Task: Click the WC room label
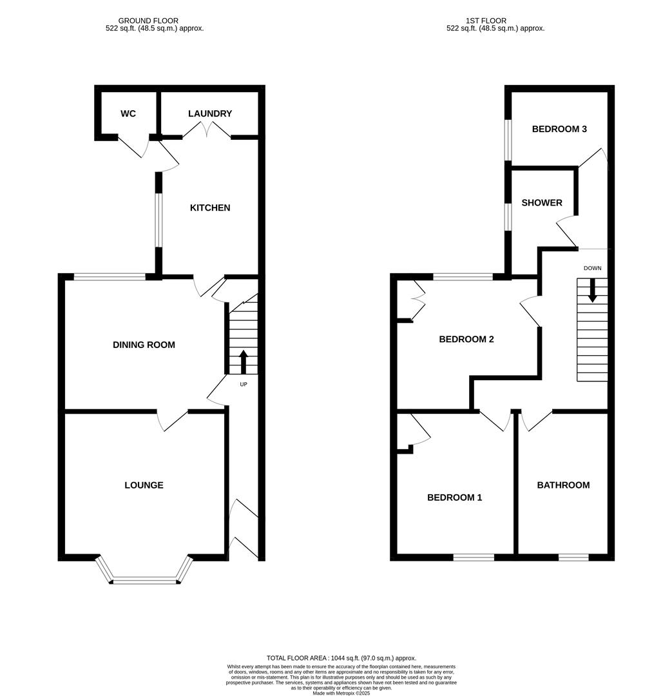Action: click(128, 114)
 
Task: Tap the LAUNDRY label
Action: click(210, 114)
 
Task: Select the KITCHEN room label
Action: click(210, 208)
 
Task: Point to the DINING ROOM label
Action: click(144, 345)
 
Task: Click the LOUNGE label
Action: click(144, 485)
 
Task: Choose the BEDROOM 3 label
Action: click(559, 129)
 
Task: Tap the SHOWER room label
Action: click(542, 203)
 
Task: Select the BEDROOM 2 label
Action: click(466, 340)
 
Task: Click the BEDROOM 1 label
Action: click(455, 498)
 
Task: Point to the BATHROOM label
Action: click(563, 485)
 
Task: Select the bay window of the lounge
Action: click(144, 580)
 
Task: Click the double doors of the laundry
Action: click(207, 131)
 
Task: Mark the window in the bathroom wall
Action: click(573, 557)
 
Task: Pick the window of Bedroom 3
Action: click(508, 139)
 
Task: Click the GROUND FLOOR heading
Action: click(149, 21)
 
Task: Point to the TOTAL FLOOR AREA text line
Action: click(341, 657)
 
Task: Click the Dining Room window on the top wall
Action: click(110, 277)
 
